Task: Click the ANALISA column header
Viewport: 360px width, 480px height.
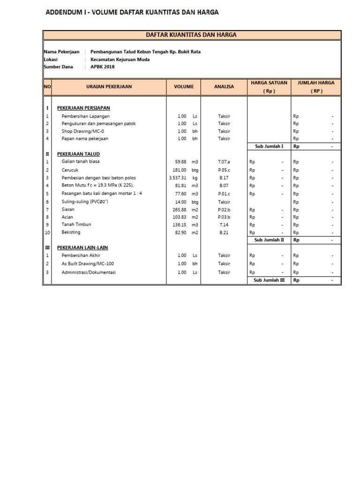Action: (x=224, y=87)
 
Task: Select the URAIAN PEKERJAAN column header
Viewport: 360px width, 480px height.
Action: (x=109, y=87)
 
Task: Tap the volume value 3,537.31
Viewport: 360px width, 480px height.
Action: (x=178, y=178)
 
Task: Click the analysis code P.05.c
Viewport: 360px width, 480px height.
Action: (x=224, y=170)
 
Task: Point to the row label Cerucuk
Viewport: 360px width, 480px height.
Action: (x=70, y=170)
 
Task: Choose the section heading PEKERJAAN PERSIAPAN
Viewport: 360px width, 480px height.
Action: (x=83, y=108)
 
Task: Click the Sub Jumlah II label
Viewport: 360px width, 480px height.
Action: (x=269, y=240)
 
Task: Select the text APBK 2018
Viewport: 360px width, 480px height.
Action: (x=102, y=67)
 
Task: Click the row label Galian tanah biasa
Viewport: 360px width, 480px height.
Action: (x=80, y=162)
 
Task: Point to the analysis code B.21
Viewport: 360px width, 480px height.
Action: (x=224, y=232)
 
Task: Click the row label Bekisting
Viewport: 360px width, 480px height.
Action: (x=71, y=232)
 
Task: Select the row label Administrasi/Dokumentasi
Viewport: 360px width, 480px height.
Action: (x=89, y=272)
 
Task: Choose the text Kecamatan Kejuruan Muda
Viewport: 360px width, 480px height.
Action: (x=120, y=60)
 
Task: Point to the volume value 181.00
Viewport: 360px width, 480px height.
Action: (x=179, y=170)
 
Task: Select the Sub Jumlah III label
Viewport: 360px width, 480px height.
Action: (x=269, y=280)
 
